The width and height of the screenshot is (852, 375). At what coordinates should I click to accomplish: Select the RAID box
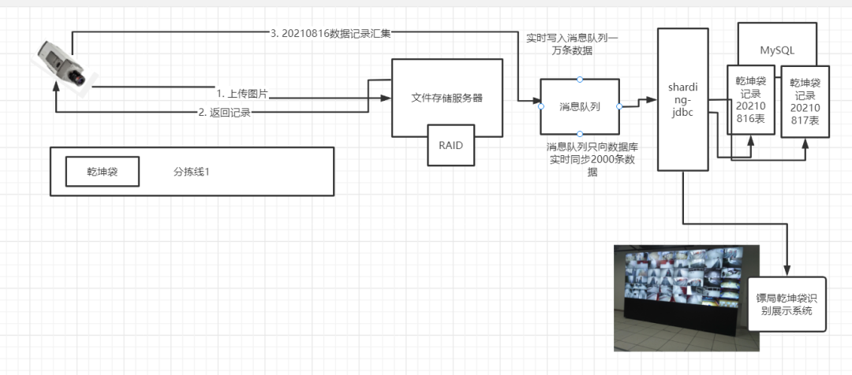point(451,145)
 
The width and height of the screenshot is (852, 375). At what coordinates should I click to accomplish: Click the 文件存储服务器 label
point(447,98)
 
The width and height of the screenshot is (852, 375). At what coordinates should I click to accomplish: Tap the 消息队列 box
point(580,106)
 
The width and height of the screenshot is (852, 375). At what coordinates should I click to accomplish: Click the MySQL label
point(777,50)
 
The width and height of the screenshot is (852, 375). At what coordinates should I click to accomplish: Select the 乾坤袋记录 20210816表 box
point(749,99)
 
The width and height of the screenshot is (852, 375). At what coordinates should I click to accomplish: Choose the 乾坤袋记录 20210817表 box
point(805,102)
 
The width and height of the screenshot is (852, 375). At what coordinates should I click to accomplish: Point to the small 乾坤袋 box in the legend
point(102,171)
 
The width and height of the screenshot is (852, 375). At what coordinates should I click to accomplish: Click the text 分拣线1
point(191,171)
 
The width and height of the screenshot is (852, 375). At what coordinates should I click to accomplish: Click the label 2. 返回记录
point(224,113)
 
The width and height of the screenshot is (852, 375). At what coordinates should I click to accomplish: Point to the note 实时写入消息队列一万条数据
point(572,43)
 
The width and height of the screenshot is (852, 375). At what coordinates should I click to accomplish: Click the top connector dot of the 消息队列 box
point(580,79)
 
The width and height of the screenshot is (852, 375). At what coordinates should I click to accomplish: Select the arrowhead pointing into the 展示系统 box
point(787,271)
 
